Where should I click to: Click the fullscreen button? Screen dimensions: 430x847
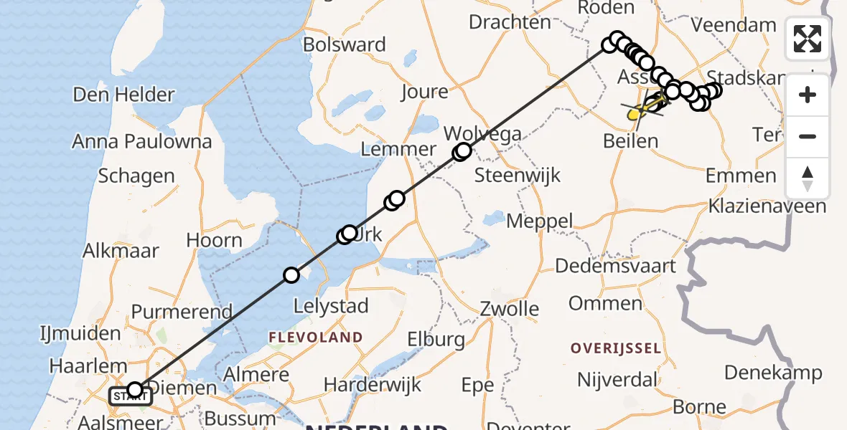(808, 39)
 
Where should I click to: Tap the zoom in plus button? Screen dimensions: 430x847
(808, 95)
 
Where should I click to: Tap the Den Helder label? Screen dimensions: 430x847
(124, 95)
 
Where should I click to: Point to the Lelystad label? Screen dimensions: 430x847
(331, 306)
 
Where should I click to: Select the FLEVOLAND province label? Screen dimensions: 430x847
(315, 337)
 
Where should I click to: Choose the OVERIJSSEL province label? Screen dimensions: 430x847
(615, 348)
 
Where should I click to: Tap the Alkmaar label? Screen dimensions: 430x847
(121, 250)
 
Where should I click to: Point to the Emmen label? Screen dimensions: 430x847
(741, 176)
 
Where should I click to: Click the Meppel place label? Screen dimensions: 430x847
(539, 221)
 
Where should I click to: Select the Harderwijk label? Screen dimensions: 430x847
(373, 385)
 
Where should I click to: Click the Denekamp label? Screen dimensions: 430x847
(773, 373)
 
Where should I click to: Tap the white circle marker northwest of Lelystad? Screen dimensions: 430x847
(291, 275)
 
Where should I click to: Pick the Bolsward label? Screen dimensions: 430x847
(345, 44)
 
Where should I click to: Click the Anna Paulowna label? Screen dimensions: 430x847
(142, 141)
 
